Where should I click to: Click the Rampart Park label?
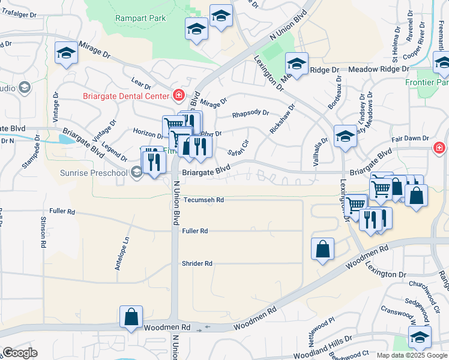[140, 18]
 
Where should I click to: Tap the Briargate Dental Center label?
[126, 95]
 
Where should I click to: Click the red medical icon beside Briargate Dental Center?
[178, 94]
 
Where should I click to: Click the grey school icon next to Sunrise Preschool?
[137, 173]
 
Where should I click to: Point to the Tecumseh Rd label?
[203, 200]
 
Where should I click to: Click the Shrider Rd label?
[197, 263]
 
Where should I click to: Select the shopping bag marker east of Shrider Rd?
[322, 248]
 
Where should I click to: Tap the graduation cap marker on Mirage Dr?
[65, 53]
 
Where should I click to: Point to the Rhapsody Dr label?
[251, 113]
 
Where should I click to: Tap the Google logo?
[20, 353]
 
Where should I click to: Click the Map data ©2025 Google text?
[412, 355]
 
